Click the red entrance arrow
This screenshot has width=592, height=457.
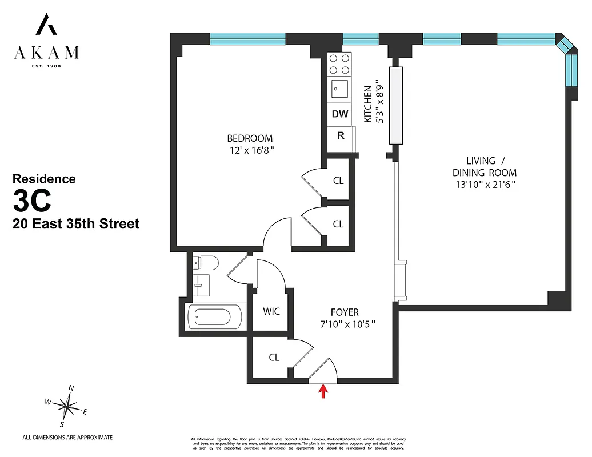click(323, 391)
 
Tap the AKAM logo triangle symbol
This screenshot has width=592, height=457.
click(46, 25)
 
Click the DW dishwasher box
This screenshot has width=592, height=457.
click(340, 114)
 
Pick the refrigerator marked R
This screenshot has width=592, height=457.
click(341, 136)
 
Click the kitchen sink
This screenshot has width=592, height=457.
click(340, 89)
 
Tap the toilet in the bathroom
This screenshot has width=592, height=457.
click(206, 263)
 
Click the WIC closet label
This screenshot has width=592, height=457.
click(271, 311)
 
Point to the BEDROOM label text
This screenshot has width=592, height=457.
click(250, 138)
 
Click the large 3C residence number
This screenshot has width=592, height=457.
click(33, 200)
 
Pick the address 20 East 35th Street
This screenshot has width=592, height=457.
click(76, 224)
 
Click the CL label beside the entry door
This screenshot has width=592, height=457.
click(274, 358)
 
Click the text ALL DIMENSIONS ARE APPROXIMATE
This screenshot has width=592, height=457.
click(67, 438)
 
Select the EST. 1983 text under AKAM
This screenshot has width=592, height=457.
click(46, 66)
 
